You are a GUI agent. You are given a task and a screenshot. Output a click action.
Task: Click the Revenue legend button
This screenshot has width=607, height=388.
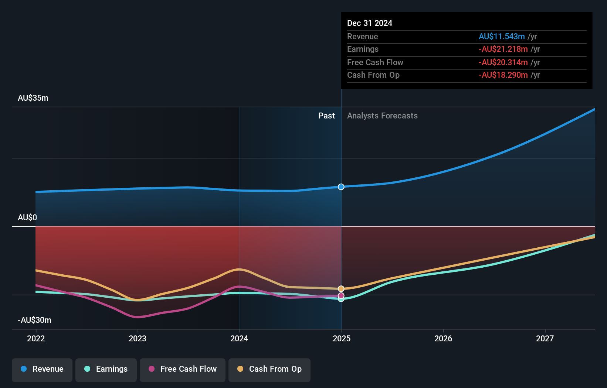(42, 369)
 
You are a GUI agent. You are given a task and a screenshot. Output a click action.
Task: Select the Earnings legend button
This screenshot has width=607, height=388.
(106, 369)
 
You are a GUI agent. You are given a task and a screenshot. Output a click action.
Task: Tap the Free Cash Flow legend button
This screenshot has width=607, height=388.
(183, 369)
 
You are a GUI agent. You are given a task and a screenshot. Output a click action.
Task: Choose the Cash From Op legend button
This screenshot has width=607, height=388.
(269, 369)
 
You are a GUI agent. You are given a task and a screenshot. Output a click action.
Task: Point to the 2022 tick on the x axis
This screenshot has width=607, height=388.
(36, 338)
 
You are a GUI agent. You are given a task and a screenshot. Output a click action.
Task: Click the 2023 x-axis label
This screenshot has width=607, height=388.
(138, 338)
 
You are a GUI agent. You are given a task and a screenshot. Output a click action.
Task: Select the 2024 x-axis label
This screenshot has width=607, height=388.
(239, 338)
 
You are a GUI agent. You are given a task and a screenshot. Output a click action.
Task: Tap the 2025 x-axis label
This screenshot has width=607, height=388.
(342, 338)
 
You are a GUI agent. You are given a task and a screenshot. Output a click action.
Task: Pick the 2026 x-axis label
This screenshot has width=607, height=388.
(443, 338)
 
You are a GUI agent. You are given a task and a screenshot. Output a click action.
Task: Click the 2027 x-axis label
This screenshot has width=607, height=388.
(545, 338)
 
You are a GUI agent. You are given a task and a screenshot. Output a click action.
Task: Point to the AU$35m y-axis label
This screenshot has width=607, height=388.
(33, 98)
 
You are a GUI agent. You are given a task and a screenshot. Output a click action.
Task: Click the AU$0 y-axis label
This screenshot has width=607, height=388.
(27, 218)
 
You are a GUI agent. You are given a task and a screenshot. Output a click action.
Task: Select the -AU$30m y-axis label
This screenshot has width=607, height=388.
(34, 320)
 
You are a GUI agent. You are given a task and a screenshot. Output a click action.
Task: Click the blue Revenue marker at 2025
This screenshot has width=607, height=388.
(341, 187)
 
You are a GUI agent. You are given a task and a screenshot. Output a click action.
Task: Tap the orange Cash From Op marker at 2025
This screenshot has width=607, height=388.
(341, 289)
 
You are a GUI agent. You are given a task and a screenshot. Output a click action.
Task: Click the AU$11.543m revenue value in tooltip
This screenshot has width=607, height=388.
(502, 37)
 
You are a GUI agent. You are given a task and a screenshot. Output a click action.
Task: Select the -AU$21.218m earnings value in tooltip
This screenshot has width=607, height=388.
(503, 49)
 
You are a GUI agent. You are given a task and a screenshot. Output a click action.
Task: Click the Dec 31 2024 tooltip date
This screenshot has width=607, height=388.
(370, 23)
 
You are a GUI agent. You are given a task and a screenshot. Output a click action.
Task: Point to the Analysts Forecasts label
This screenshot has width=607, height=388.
(382, 116)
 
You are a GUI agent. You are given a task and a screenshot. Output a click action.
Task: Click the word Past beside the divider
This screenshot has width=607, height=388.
(326, 116)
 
